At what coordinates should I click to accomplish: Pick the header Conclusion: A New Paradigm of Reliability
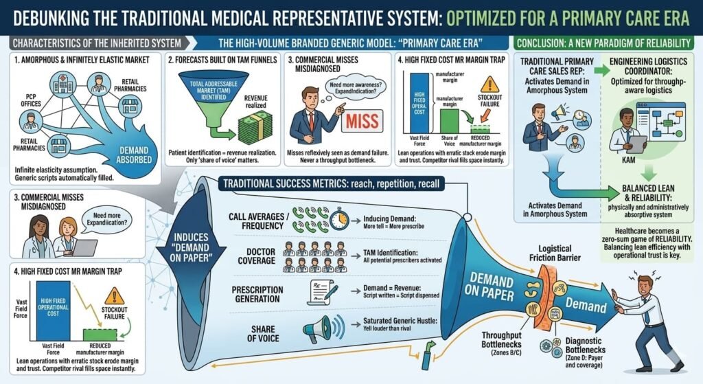pyautogui.click(x=607, y=43)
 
